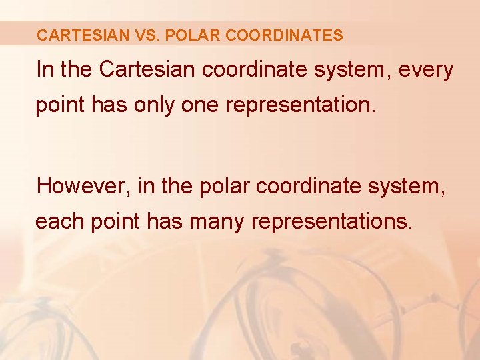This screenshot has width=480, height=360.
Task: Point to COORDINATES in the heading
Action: [x=285, y=35]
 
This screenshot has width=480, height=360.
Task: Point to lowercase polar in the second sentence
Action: [x=224, y=186]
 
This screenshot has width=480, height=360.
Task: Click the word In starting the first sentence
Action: [x=45, y=70]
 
